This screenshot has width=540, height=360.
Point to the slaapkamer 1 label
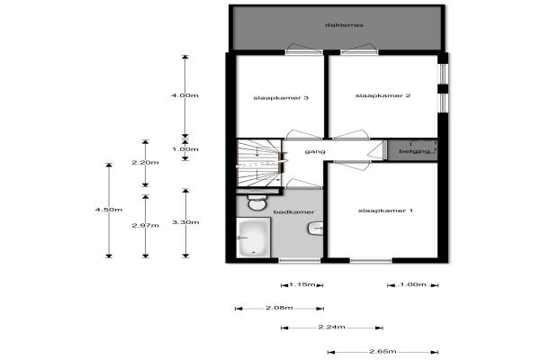pyautogui.click(x=385, y=211)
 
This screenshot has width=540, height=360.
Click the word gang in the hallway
pyautogui.click(x=315, y=151)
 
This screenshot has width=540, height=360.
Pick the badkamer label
pyautogui.click(x=300, y=211)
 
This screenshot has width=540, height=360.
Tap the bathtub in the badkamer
pyautogui.click(x=253, y=239)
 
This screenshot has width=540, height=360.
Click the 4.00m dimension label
pyautogui.click(x=184, y=94)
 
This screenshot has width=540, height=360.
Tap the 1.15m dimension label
pyautogui.click(x=302, y=284)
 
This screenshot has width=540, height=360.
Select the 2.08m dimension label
pyautogui.click(x=280, y=308)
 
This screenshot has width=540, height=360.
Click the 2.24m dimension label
pyautogui.click(x=331, y=328)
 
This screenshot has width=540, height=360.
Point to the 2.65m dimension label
pyautogui.click(x=382, y=352)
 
